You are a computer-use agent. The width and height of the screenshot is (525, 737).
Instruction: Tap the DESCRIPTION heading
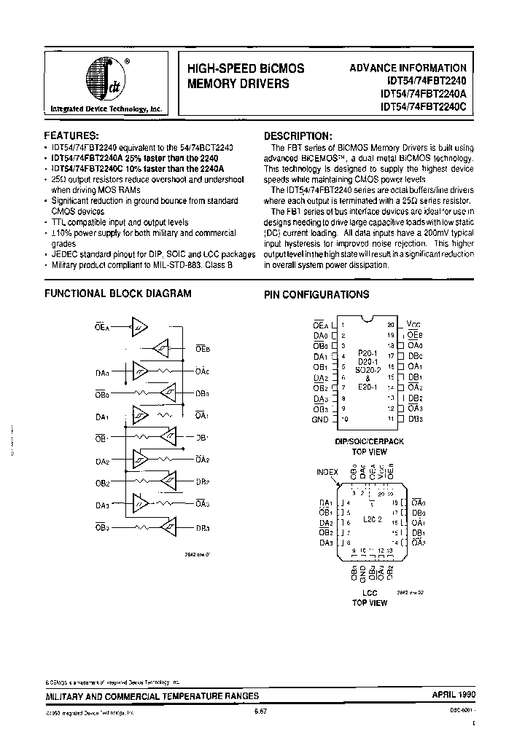point(297,135)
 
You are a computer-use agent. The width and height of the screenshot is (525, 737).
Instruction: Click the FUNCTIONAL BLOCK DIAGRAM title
point(118,293)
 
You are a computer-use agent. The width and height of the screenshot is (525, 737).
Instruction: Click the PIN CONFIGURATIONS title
point(316,295)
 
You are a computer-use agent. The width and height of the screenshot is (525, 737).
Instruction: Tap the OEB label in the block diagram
point(203,349)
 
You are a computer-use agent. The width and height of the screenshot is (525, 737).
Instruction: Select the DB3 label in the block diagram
point(203,529)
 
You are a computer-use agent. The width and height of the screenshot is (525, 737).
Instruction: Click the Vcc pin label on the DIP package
point(414,324)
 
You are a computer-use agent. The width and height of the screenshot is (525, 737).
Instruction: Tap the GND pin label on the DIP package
point(320,419)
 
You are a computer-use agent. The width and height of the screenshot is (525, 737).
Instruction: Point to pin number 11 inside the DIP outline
point(392,419)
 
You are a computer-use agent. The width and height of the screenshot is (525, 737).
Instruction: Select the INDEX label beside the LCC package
point(327,471)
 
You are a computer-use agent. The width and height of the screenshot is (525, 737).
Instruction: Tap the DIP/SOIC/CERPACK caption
point(369,441)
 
